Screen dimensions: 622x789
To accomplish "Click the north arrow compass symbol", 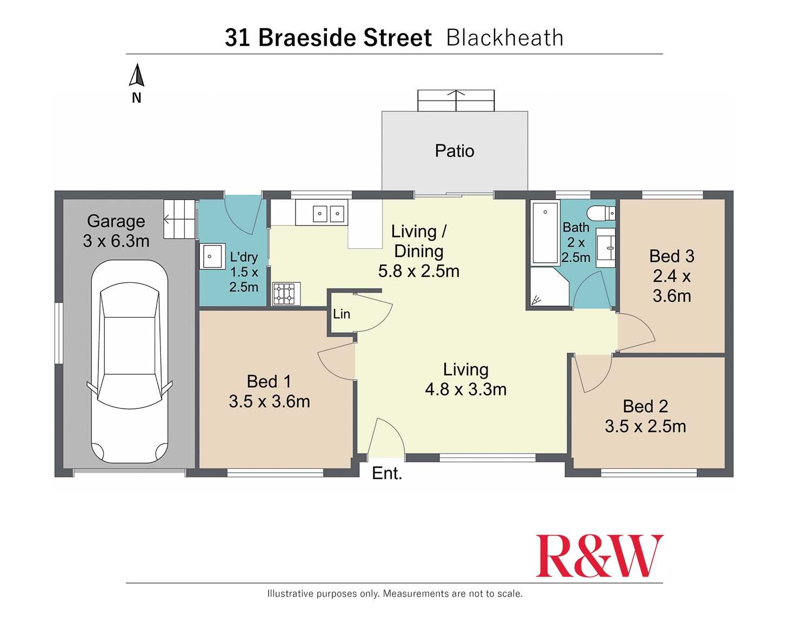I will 137,76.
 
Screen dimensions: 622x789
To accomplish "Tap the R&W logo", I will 599,557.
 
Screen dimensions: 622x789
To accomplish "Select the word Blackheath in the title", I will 505,38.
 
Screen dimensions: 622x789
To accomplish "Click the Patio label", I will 454,151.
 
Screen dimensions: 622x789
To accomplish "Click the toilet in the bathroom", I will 601,213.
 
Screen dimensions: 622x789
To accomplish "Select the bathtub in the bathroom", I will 545,233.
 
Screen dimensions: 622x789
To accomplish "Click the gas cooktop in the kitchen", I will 286,294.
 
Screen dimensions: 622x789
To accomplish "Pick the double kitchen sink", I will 329,214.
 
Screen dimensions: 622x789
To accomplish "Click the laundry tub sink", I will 212,256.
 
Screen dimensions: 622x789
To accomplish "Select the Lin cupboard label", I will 342,314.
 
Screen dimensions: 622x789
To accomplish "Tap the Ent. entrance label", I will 387,473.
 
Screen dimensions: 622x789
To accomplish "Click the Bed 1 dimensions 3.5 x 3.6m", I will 269,401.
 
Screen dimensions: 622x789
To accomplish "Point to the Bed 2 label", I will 645,406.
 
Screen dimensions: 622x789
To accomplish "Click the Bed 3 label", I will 672,256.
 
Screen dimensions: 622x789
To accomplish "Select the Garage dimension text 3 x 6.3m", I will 116,241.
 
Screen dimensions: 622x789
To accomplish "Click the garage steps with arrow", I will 179,219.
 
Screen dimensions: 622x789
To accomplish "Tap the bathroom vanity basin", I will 606,248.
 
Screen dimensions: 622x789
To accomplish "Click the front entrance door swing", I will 386,437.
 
